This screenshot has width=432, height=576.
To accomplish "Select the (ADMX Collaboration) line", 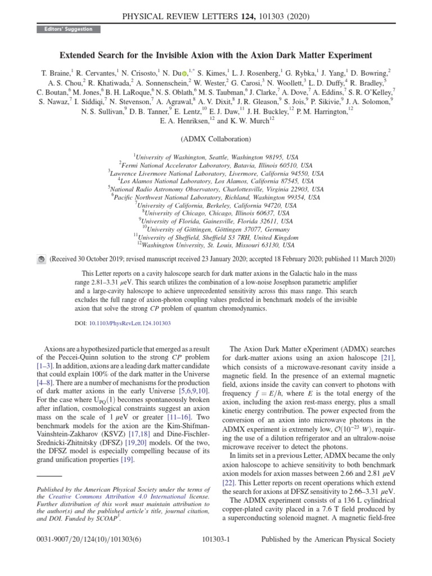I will click(x=215, y=139).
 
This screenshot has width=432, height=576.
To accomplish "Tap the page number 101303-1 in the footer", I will click(x=216, y=539).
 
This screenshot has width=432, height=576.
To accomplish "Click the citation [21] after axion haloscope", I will click(x=388, y=357).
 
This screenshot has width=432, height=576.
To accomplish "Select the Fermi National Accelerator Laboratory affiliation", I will click(x=215, y=166).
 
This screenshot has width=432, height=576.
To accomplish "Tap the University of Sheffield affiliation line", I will click(x=216, y=237).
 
